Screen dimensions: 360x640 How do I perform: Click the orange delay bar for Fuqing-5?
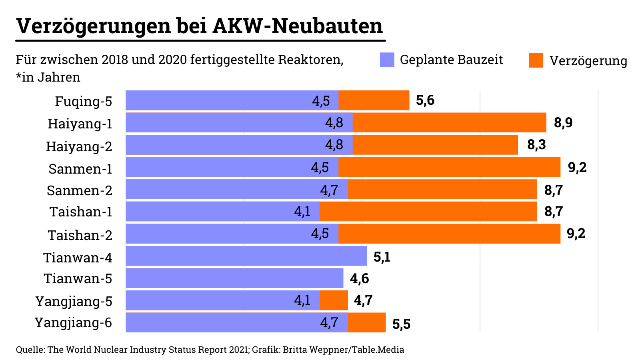[x=374, y=100]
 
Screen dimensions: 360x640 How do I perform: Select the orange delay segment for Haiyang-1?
[x=449, y=122]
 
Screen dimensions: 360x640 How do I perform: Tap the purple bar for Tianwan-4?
[x=246, y=256]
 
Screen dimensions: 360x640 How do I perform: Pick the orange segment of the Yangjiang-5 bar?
[x=334, y=300]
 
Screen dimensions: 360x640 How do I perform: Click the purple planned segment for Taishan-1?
[x=222, y=211]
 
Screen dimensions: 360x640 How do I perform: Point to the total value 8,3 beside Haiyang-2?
[x=536, y=144]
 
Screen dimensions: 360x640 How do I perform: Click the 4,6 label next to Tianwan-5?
[x=359, y=278]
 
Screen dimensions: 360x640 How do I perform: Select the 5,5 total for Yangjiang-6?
[x=401, y=324]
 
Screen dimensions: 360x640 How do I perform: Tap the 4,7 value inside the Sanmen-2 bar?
[x=329, y=190]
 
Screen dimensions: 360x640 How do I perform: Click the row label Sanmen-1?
[x=80, y=169]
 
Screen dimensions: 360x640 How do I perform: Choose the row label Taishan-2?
[x=80, y=235]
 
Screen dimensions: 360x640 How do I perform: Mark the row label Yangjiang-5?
[x=74, y=301]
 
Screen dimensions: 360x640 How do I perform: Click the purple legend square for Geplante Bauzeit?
[x=387, y=60]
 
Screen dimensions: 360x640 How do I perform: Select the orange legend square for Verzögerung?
[x=536, y=60]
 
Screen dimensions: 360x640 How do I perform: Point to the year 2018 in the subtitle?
[x=114, y=60]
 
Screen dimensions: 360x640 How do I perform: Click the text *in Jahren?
[x=48, y=77]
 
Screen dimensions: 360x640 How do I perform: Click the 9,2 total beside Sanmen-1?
[x=577, y=167]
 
